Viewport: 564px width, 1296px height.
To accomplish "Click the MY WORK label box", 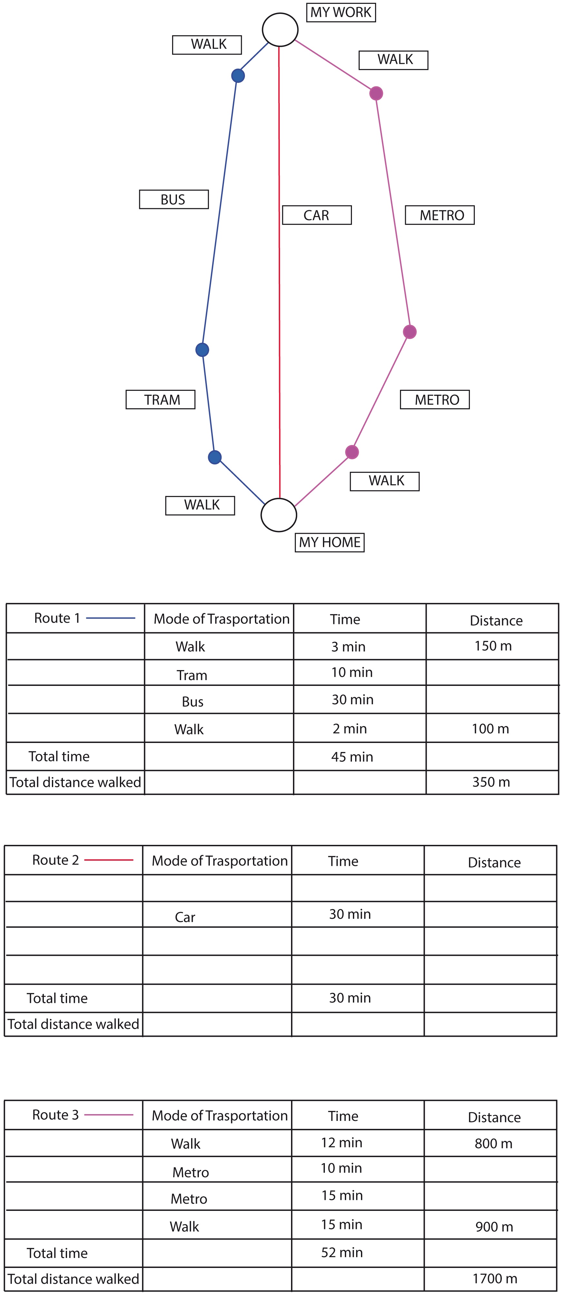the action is point(341,12).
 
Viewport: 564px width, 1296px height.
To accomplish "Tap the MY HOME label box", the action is point(329,542).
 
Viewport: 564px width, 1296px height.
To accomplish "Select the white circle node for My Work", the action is point(280,30).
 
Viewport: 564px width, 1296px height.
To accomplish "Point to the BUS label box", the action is point(173,199).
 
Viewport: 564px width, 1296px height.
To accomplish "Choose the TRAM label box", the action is point(160,400).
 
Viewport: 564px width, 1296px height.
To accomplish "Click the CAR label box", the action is point(317,215).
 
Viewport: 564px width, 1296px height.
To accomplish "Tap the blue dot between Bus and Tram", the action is point(202,350).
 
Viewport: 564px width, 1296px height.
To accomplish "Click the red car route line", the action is point(279,272).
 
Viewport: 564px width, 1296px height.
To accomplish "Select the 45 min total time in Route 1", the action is point(352,757).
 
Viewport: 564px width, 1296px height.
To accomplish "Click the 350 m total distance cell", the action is point(491,782).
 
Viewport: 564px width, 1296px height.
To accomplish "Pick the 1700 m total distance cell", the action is point(495,1278).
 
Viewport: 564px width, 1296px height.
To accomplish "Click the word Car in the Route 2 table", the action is point(185,917).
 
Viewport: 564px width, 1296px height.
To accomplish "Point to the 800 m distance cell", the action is point(494,1143).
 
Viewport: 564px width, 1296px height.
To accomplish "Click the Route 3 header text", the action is point(55,1115).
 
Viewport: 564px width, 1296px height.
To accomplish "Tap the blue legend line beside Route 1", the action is point(111,618).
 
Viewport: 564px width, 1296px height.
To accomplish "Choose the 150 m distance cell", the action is point(493,646).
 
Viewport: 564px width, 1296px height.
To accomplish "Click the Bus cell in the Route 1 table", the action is point(192,702).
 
